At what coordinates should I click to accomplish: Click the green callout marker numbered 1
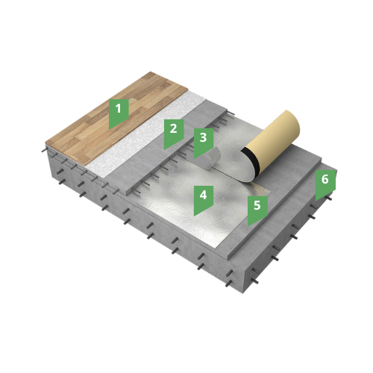[119, 113]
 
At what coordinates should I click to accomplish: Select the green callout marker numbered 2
[174, 133]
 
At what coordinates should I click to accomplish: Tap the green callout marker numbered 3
[204, 142]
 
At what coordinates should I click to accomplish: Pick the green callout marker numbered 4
[204, 199]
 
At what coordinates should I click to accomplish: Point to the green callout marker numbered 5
[257, 210]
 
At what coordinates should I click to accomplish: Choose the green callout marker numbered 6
[325, 184]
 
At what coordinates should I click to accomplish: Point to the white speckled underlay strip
[147, 134]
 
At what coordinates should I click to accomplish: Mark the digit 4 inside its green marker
[204, 195]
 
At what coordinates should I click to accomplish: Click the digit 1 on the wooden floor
[119, 108]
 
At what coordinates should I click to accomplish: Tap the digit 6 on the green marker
[325, 179]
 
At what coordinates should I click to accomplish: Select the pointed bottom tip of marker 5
[248, 226]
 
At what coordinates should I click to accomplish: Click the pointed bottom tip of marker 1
[110, 129]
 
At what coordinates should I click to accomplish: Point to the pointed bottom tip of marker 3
[194, 159]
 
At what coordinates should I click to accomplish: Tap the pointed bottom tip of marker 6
[316, 201]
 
